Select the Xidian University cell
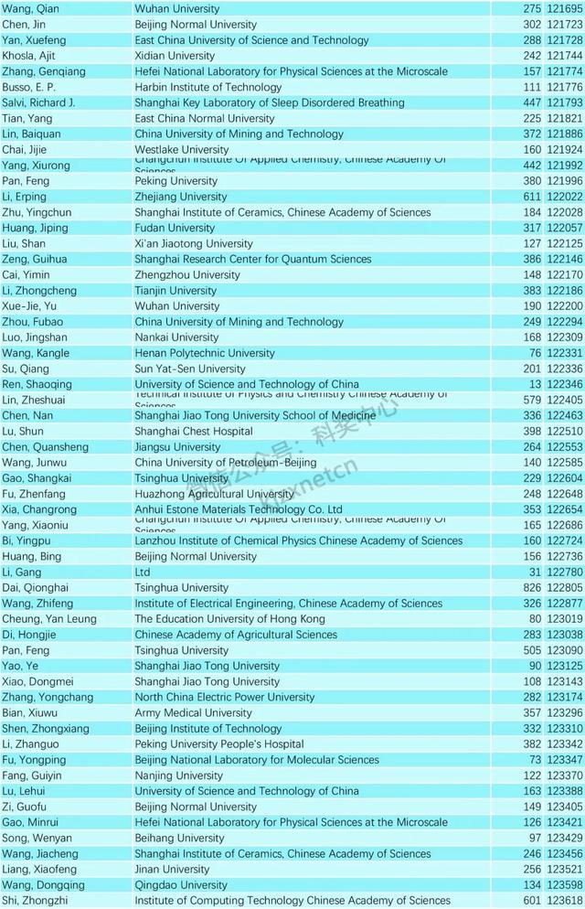click(175, 56)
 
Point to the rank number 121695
click(564, 9)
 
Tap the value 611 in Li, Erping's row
click(532, 197)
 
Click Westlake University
click(182, 150)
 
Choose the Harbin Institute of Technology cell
click(208, 87)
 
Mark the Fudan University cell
click(175, 228)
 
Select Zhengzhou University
click(187, 274)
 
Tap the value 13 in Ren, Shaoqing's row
click(536, 384)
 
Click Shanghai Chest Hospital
click(194, 432)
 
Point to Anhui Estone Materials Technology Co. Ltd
click(239, 509)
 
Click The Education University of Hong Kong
click(229, 619)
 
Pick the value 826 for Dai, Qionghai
click(532, 588)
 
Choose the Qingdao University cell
click(181, 885)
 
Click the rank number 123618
click(564, 901)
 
